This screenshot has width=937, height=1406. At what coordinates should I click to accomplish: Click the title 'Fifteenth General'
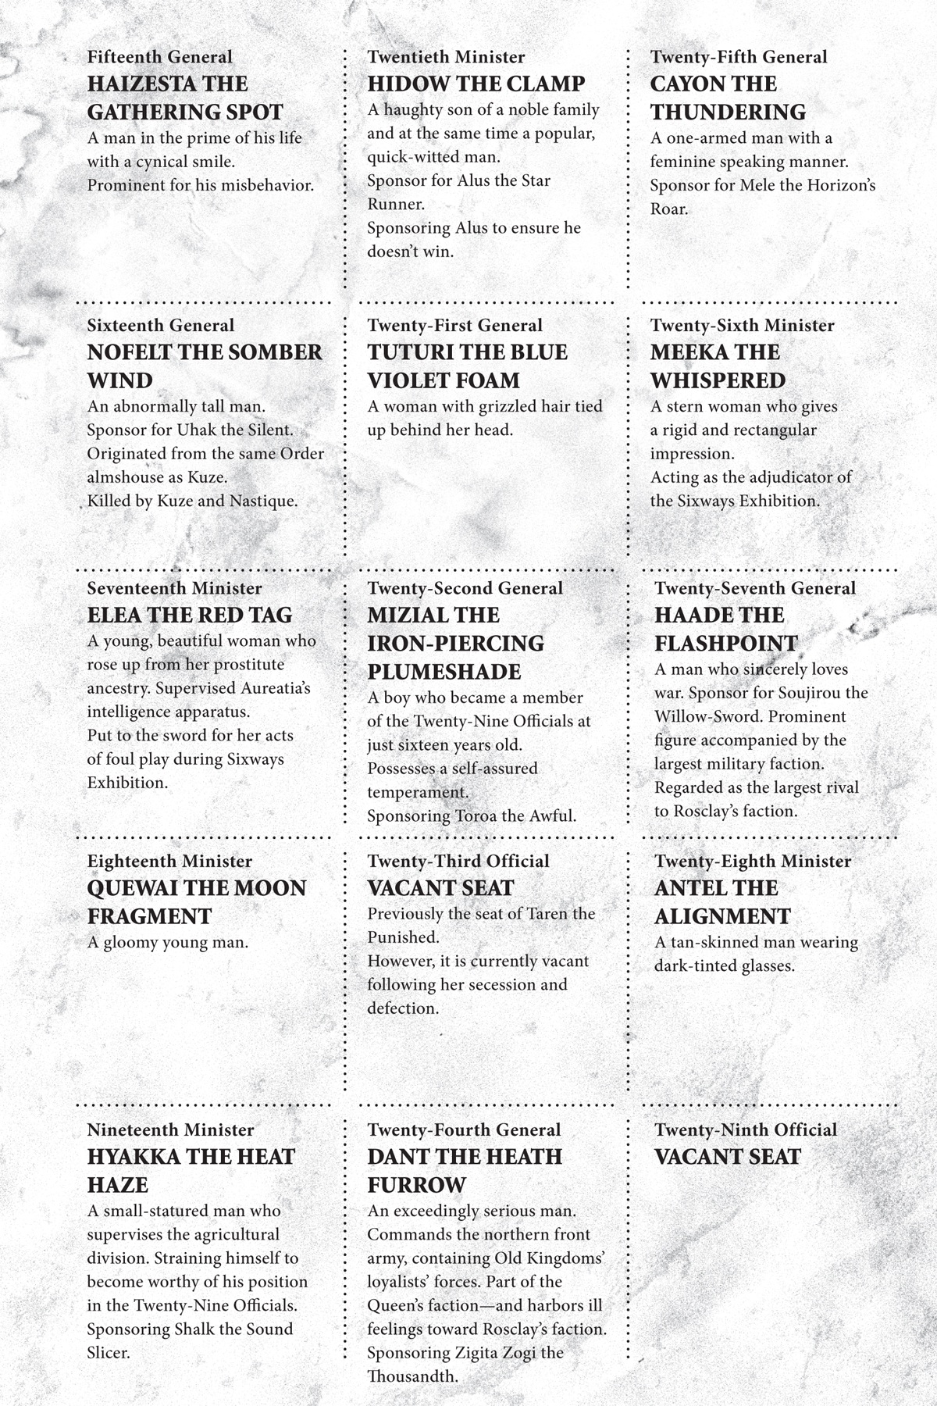coord(159,57)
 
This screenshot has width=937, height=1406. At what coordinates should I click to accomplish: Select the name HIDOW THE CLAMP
coord(476,84)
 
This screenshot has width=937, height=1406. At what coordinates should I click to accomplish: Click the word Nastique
coord(263,501)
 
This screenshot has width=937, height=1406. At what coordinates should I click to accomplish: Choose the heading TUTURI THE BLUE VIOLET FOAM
coord(467,366)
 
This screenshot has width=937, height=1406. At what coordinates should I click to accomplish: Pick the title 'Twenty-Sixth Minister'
coord(742,326)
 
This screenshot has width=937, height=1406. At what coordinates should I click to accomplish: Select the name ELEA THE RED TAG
coord(189,615)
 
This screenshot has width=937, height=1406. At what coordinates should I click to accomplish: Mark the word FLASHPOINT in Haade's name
coord(725,644)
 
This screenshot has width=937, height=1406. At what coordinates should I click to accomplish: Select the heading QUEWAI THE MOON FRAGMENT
coord(196,901)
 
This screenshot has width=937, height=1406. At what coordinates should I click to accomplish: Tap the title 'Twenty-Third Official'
coord(458,862)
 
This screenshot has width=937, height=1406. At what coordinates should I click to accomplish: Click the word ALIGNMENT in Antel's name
coord(722,916)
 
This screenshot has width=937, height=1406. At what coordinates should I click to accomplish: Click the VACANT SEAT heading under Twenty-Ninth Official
coord(727,1157)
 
